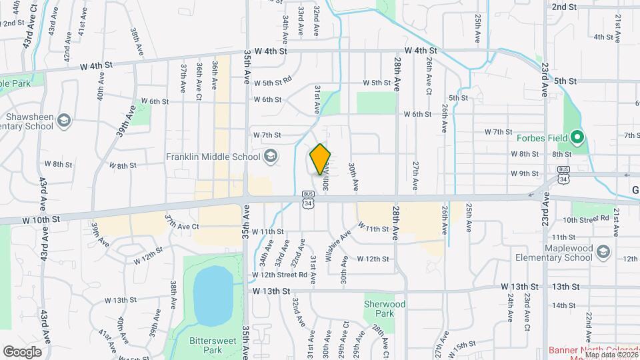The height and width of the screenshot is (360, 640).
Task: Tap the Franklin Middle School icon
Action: pos(270,157)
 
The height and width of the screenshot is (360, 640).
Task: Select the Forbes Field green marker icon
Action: pos(578,139)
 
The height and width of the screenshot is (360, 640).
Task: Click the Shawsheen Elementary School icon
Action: pos(64,121)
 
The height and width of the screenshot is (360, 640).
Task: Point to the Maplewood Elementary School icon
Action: pos(603,252)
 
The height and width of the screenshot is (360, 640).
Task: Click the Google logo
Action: pos(22,351)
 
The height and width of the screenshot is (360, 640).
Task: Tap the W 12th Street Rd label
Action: pos(279,275)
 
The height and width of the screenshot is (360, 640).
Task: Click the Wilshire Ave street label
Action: pos(337,245)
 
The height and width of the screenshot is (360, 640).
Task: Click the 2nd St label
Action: pos(564,7)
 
